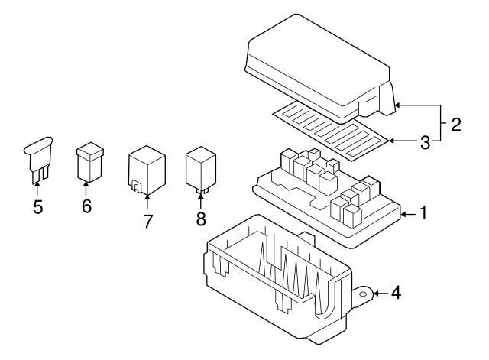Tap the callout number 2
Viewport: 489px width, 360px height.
click(455, 124)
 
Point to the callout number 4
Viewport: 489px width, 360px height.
click(396, 292)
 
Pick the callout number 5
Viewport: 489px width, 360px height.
click(38, 206)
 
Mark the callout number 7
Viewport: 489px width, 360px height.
click(147, 222)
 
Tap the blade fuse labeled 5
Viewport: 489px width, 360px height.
click(37, 156)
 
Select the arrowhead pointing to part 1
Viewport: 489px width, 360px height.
click(401, 214)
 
